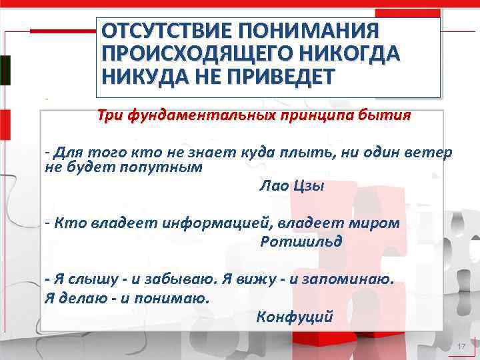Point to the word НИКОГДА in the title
[x=347, y=54]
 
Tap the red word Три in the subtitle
[x=111, y=115]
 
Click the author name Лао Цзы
[x=292, y=186]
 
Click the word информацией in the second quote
[x=217, y=223]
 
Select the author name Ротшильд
[x=301, y=241]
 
